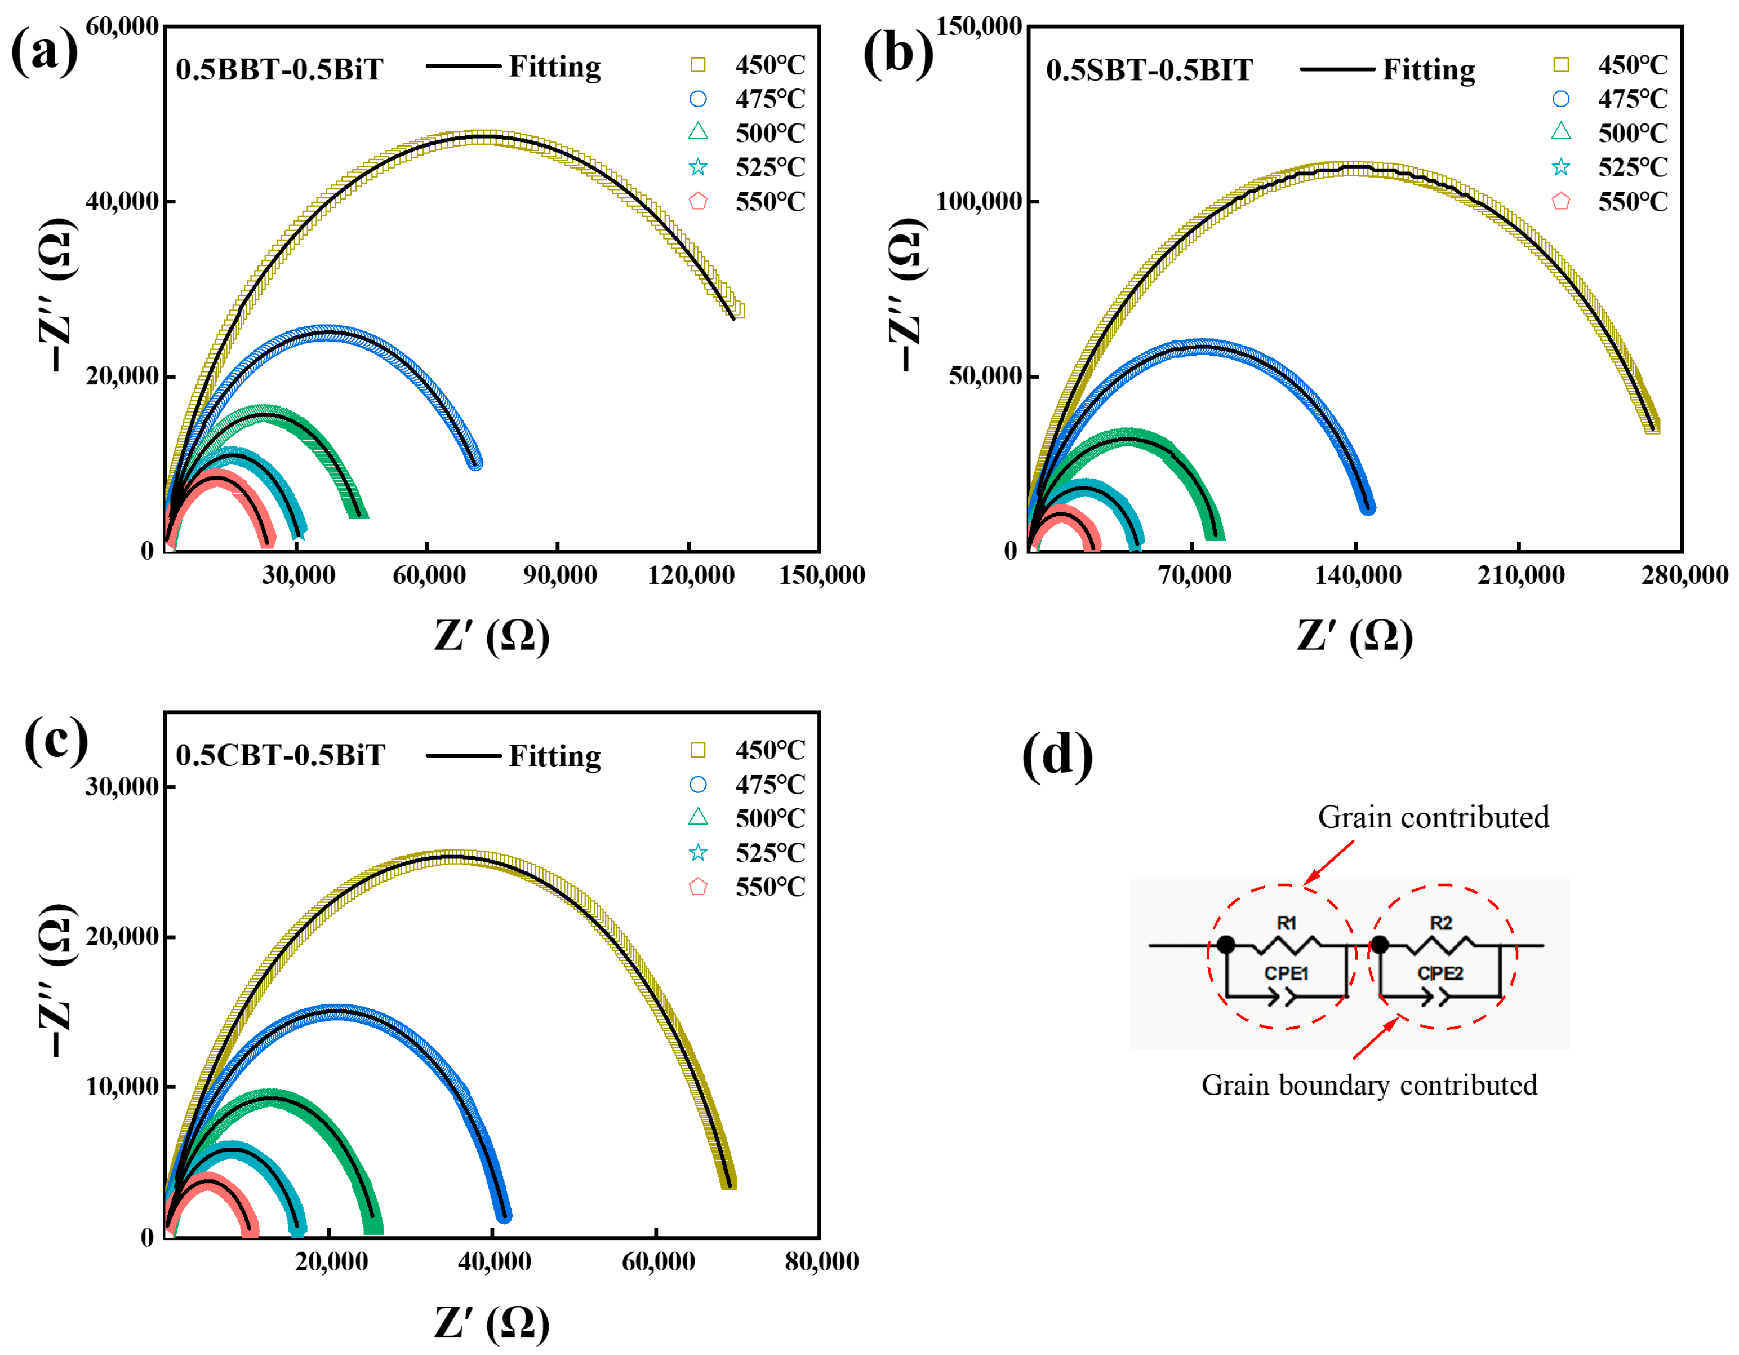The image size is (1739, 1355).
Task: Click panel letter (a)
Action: pyautogui.click(x=44, y=50)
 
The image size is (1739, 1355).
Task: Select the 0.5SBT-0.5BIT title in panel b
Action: pyautogui.click(x=1149, y=70)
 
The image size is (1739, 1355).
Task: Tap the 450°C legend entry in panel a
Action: pyautogui.click(x=769, y=64)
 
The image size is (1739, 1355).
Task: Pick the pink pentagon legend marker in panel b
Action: pyautogui.click(x=1560, y=202)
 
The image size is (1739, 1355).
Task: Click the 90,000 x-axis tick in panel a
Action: pyautogui.click(x=559, y=575)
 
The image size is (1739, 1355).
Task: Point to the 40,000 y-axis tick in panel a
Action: pyautogui.click(x=122, y=201)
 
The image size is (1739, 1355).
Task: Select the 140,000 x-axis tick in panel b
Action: pyautogui.click(x=1357, y=575)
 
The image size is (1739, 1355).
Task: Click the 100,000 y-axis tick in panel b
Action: pyautogui.click(x=978, y=201)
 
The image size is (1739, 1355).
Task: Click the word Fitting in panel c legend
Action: pyautogui.click(x=555, y=755)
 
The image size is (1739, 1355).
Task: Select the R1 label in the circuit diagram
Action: pyautogui.click(x=1286, y=923)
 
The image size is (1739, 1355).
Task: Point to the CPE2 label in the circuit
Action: pyautogui.click(x=1440, y=973)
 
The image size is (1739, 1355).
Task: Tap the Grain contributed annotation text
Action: pyautogui.click(x=1433, y=817)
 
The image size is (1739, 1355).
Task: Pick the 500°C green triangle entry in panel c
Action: pyautogui.click(x=769, y=818)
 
